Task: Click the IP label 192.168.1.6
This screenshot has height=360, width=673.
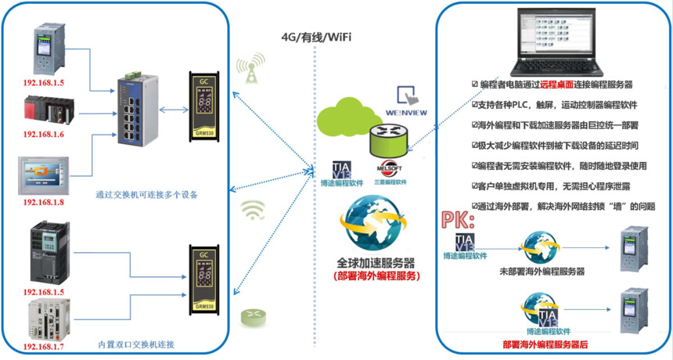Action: pos(43,135)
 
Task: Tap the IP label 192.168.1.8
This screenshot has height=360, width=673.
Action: pos(43,203)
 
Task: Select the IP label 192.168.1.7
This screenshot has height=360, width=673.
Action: pos(43,346)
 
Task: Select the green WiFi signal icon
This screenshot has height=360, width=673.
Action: pos(252,209)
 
